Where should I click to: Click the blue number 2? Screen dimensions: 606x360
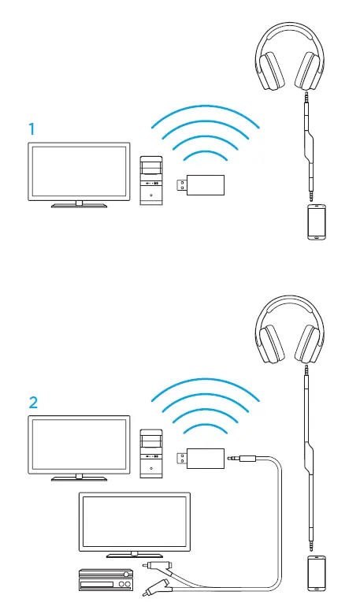point(33,403)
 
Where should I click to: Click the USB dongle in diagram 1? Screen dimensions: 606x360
point(200,185)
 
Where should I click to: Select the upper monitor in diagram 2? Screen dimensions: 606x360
point(79,446)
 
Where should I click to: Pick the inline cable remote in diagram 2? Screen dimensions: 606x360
point(309,458)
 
